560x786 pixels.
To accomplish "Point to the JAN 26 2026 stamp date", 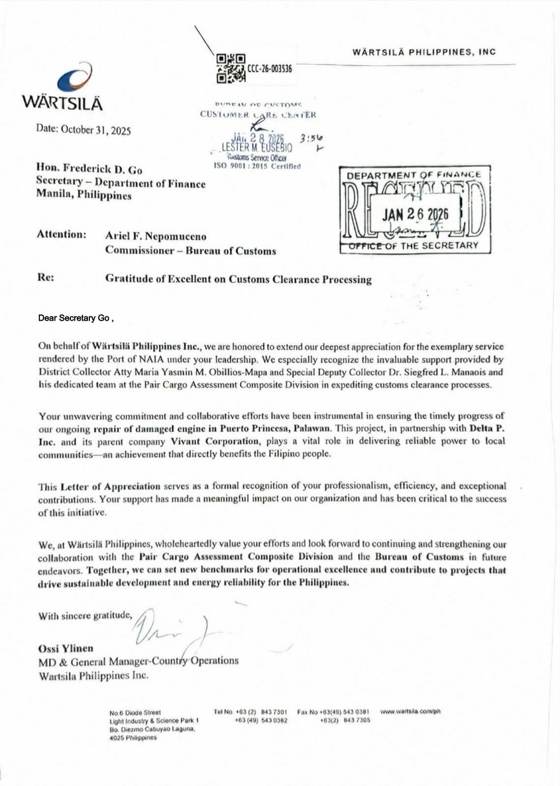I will tap(415, 214).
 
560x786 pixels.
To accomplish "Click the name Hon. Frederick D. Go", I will tap(89, 169).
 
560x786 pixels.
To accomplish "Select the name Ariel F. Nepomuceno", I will tap(156, 236).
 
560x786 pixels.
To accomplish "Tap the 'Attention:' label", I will tap(61, 234).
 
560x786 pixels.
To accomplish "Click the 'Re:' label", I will tap(46, 277).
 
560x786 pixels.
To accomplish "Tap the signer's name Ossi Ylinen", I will tap(65, 648).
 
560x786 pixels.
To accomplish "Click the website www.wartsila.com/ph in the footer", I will tap(410, 711).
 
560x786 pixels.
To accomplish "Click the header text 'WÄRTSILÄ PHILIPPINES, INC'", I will tap(424, 52).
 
